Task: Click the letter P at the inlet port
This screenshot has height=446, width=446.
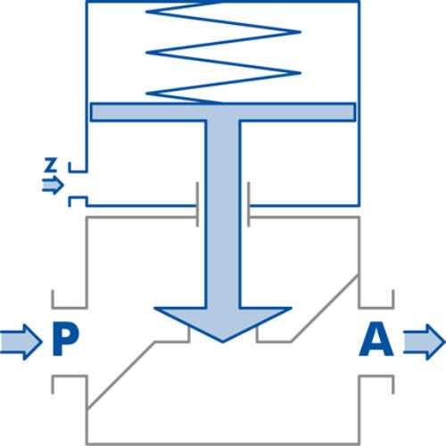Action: pyautogui.click(x=66, y=339)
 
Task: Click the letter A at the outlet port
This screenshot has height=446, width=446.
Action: pyautogui.click(x=376, y=339)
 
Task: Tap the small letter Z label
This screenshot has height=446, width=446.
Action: pyautogui.click(x=51, y=165)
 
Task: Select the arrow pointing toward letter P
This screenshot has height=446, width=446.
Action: pyautogui.click(x=21, y=342)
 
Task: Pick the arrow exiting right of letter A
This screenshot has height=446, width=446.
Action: pyautogui.click(x=425, y=342)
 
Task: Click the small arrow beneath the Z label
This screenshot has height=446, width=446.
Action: pyautogui.click(x=53, y=185)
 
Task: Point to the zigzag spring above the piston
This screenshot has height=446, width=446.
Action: pyautogui.click(x=223, y=52)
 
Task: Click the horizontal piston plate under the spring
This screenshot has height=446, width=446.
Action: pyautogui.click(x=223, y=112)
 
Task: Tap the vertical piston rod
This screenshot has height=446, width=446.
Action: pyautogui.click(x=223, y=214)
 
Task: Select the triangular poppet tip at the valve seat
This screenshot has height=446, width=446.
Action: pyautogui.click(x=223, y=324)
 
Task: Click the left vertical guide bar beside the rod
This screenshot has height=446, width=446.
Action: pyautogui.click(x=197, y=204)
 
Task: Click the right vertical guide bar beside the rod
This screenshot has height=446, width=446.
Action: pyautogui.click(x=248, y=204)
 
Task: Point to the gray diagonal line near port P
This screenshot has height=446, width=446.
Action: pyautogui.click(x=121, y=375)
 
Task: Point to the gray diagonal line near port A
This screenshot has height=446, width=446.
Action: pyautogui.click(x=325, y=309)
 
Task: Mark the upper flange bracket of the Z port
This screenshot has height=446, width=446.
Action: pyautogui.click(x=78, y=168)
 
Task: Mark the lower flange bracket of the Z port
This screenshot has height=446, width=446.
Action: pyautogui.click(x=78, y=202)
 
